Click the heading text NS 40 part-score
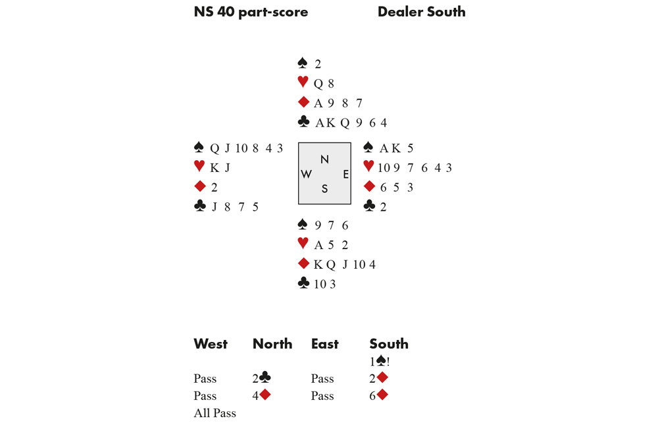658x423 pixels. [251, 12]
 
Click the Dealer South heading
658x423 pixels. [421, 12]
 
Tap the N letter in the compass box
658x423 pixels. [324, 159]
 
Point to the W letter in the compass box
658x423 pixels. [307, 175]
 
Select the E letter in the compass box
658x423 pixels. [345, 175]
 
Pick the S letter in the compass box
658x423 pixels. [324, 189]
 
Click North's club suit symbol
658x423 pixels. [303, 122]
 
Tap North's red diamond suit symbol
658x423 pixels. [303, 102]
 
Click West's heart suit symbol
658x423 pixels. [199, 167]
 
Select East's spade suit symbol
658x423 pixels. [368, 148]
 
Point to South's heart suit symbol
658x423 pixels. [303, 244]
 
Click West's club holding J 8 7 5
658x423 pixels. [235, 207]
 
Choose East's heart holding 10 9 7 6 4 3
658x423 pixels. [415, 167]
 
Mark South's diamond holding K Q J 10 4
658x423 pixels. [345, 264]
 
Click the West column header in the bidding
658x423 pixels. [211, 344]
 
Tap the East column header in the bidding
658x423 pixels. [325, 344]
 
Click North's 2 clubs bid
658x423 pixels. [262, 378]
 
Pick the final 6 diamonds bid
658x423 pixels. [379, 395]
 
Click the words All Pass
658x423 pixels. [215, 413]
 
